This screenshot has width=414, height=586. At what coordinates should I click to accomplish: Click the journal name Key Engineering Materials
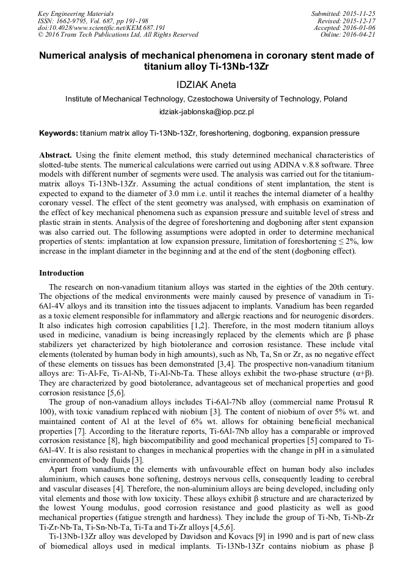click(x=76, y=13)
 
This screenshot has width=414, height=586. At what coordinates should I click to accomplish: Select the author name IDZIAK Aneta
click(x=206, y=84)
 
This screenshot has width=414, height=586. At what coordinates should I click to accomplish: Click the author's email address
click(x=206, y=112)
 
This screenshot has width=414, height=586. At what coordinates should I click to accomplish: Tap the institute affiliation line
click(x=206, y=98)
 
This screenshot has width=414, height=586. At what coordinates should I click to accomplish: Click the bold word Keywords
click(x=58, y=133)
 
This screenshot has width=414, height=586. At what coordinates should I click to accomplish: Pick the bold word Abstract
click(x=56, y=156)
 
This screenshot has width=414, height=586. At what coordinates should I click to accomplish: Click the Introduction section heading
click(x=62, y=273)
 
